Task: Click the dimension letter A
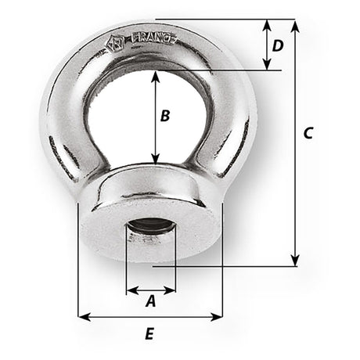pos(151,299)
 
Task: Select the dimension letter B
pos(164,117)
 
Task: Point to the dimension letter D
pos(277,45)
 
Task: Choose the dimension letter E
pos(149,334)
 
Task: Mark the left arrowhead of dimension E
pos(83,317)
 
